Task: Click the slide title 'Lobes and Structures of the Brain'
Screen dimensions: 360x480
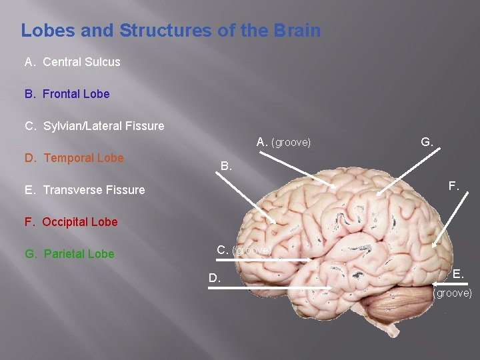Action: click(171, 31)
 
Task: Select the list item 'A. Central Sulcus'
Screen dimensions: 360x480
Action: click(73, 62)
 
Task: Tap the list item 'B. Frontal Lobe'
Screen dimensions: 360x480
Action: click(67, 94)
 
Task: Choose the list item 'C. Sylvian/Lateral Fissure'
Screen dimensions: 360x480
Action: click(94, 126)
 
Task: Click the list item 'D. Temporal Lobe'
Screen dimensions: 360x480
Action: click(74, 158)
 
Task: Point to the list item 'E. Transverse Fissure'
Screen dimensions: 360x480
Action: click(85, 190)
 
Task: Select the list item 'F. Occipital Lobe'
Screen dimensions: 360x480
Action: click(71, 222)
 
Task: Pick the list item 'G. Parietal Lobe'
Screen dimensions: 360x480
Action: click(69, 254)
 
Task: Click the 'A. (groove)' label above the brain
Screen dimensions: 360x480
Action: click(283, 142)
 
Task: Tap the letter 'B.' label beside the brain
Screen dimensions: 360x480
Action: click(227, 165)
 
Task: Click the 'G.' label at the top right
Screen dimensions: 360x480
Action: click(427, 141)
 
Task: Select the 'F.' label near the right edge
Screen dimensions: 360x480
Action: click(453, 186)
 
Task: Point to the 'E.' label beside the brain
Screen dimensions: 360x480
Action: click(458, 273)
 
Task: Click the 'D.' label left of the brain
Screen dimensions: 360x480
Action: click(215, 278)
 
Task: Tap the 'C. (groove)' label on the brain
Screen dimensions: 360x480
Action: click(243, 250)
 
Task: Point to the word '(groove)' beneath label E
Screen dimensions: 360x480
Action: click(453, 293)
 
